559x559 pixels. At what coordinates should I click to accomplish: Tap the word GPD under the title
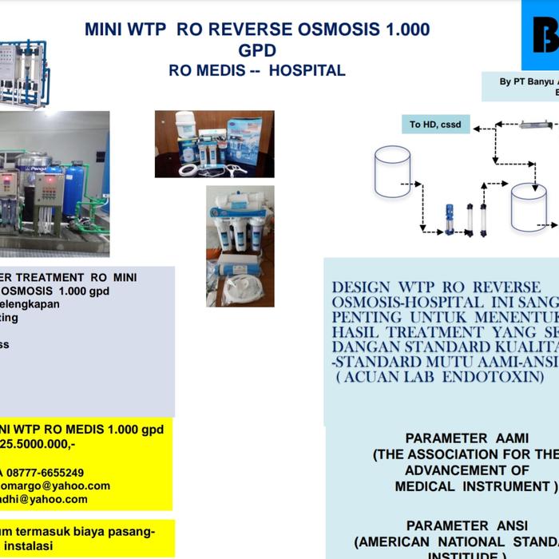pos(257,51)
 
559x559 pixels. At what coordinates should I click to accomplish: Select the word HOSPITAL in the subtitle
pos(307,71)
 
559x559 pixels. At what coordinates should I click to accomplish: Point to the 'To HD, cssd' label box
pos(435,125)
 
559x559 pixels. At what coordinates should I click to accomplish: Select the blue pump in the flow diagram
pos(450,220)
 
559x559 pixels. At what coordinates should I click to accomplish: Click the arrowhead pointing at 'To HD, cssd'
pos(477,125)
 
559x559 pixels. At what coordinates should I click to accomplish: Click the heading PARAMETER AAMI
pos(457,438)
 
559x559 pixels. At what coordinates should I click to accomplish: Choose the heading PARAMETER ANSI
pos(457,525)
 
